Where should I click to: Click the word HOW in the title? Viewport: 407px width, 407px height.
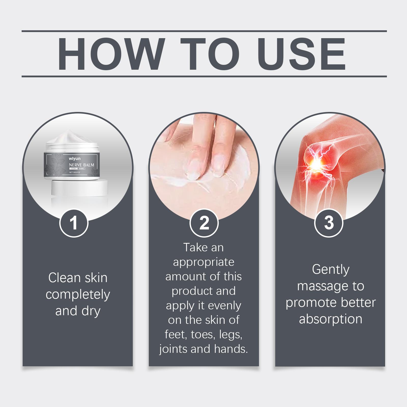[x=110, y=54]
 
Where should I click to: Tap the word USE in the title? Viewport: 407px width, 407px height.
[x=301, y=54]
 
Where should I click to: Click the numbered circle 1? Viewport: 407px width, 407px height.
[x=74, y=223]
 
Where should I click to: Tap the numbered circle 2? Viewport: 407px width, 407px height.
[x=204, y=223]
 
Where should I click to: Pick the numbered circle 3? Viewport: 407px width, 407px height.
[x=329, y=223]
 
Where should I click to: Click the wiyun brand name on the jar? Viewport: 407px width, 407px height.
[x=74, y=159]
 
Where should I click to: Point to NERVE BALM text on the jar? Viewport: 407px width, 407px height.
[x=81, y=165]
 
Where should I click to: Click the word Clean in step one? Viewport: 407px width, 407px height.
[x=64, y=278]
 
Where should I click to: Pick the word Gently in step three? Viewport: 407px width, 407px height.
[x=331, y=270]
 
